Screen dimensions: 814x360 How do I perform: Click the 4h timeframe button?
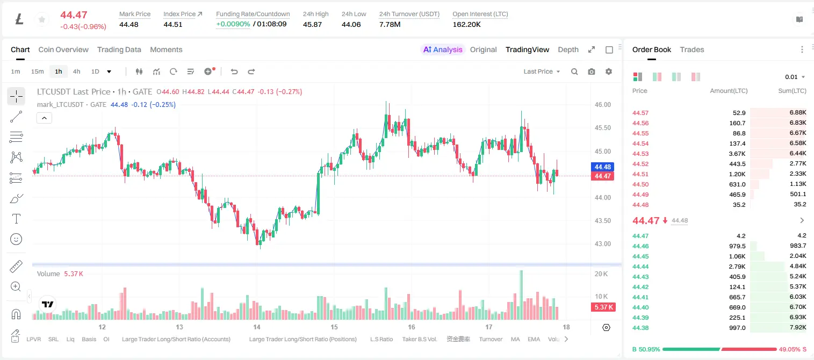(x=76, y=71)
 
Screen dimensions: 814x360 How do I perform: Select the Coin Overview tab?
(x=63, y=50)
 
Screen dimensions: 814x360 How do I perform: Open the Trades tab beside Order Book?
(x=692, y=50)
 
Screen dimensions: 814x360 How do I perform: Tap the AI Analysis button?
(x=443, y=50)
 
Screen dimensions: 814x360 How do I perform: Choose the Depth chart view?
(x=568, y=50)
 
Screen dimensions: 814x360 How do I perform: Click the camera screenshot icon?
(x=592, y=71)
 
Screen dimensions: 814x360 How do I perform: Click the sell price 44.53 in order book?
(x=640, y=154)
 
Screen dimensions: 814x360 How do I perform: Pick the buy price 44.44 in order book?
(x=640, y=267)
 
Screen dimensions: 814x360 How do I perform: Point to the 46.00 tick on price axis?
(x=602, y=105)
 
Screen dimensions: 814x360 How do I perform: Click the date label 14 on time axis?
(x=256, y=327)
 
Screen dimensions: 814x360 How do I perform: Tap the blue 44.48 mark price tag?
(x=602, y=167)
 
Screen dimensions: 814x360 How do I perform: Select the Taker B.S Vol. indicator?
(x=419, y=339)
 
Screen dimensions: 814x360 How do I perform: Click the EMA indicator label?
(x=534, y=339)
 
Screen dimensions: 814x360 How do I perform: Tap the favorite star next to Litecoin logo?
(x=42, y=19)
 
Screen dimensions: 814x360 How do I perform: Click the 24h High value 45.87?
(x=312, y=24)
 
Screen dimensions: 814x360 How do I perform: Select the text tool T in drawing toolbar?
(x=16, y=219)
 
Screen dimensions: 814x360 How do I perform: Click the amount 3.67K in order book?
(x=737, y=154)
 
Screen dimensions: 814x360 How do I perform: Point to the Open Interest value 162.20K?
(x=466, y=24)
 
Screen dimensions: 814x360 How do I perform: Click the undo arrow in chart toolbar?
(x=234, y=71)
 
